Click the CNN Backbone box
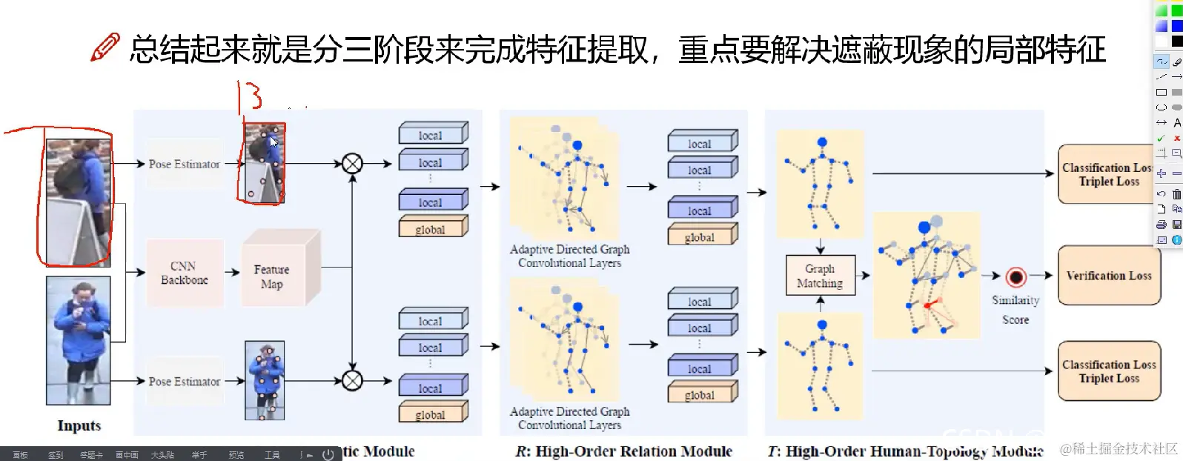click(185, 273)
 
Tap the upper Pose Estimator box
click(184, 164)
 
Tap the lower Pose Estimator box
click(184, 381)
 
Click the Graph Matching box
click(820, 276)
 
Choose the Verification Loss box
click(1108, 276)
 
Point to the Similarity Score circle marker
click(1015, 277)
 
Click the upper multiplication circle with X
click(352, 164)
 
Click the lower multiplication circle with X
click(352, 381)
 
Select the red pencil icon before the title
click(105, 47)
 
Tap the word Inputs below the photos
click(79, 426)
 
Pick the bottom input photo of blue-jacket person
click(79, 340)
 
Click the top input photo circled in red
click(78, 202)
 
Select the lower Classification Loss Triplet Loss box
click(1108, 371)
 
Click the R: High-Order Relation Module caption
click(623, 451)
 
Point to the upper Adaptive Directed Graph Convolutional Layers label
click(569, 256)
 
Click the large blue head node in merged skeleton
click(924, 228)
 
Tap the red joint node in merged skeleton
click(927, 305)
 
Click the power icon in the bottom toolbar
click(328, 455)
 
